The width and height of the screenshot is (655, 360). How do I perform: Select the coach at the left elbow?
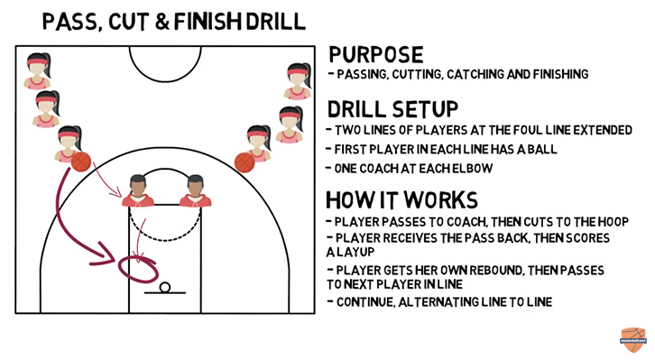[x=138, y=190]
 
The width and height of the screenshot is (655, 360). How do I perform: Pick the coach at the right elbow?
[x=195, y=190]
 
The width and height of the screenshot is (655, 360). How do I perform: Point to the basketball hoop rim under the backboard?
[x=164, y=288]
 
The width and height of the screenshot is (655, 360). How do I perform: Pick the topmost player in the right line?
[x=299, y=80]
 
